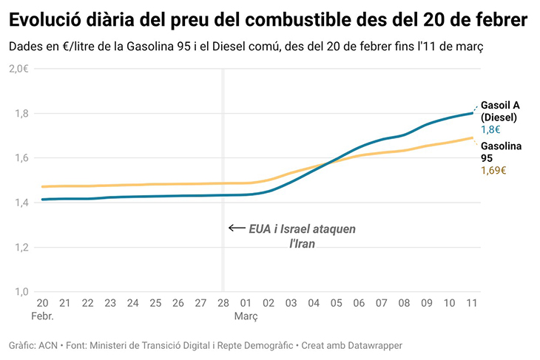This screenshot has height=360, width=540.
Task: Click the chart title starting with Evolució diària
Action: coord(268,20)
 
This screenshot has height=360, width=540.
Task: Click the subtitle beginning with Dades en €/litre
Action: coord(246,47)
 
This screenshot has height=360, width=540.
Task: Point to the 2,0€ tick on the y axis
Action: coord(18,69)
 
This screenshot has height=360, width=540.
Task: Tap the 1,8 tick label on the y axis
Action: coord(20,113)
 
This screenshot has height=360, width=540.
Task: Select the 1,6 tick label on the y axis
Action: coord(20,157)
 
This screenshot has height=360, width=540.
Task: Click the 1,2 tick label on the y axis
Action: coord(20,247)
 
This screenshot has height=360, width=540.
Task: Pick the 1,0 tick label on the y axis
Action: coord(20,291)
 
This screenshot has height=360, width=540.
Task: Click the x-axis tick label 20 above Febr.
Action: coord(42,303)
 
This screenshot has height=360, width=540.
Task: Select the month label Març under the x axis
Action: coord(246,316)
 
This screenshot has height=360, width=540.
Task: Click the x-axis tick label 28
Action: coord(223,303)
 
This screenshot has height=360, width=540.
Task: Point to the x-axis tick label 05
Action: coord(336,303)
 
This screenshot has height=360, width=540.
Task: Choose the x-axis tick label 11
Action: coord(471,303)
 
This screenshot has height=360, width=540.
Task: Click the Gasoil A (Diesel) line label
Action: coord(500,111)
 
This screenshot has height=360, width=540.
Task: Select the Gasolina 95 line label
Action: coord(501,152)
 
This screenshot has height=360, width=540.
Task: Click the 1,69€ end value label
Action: coord(493,170)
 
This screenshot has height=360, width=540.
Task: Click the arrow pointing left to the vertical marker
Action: coord(237,228)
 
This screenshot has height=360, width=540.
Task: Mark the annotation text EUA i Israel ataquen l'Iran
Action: coord(302,236)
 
